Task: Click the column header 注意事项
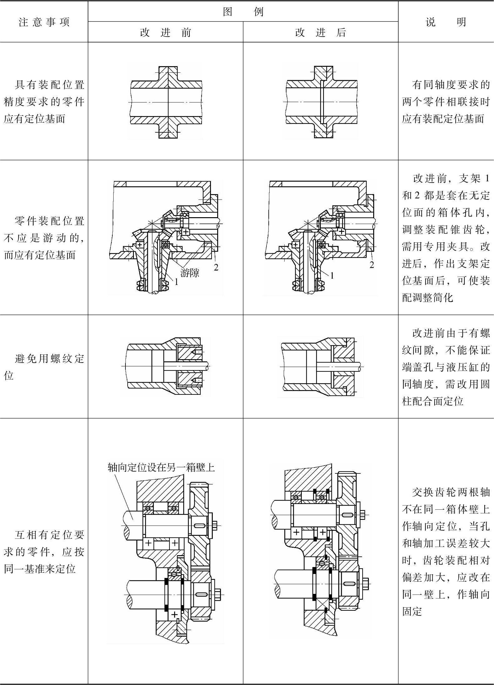pos(44,22)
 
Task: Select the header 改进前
pos(165,32)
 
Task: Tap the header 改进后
pos(320,32)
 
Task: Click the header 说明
pos(446,22)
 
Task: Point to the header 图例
pos(243,12)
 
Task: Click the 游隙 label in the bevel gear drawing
pos(190,273)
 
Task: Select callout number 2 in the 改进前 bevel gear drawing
pos(216,267)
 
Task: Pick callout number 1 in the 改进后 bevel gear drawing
pos(332,276)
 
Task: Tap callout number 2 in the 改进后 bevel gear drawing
pos(372,265)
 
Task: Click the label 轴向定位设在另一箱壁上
pos(161,467)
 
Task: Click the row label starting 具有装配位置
pos(44,102)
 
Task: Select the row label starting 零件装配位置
pos(44,238)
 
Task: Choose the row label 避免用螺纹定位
pos(44,367)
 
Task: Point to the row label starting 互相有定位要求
pos(44,552)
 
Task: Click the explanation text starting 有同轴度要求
pos(446,102)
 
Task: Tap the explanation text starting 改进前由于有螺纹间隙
pos(446,367)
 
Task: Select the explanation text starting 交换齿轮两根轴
pos(446,552)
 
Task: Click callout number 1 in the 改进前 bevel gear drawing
pos(176,282)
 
